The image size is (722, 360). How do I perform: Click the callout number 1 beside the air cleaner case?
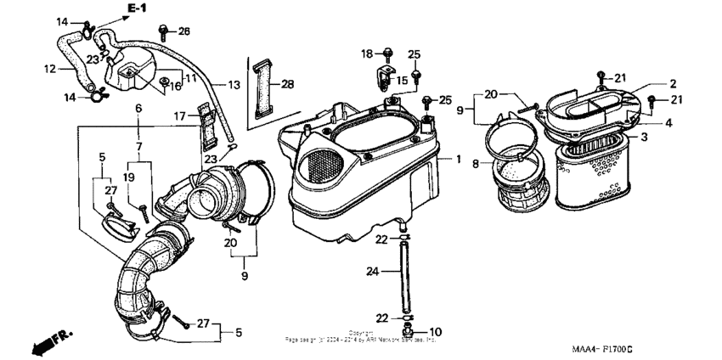[459, 160]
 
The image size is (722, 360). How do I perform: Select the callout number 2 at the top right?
[672, 83]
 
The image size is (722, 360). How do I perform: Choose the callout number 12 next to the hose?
[49, 68]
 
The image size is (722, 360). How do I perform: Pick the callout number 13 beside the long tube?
[233, 85]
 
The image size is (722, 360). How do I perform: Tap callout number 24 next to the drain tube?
[371, 273]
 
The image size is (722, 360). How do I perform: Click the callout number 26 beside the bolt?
[184, 31]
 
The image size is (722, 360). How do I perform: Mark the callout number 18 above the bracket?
[366, 53]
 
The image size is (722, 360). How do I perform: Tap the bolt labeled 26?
[164, 31]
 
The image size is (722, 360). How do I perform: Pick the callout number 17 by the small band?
[180, 116]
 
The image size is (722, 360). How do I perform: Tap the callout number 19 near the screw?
[129, 177]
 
